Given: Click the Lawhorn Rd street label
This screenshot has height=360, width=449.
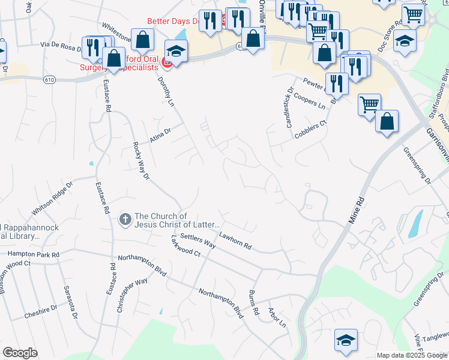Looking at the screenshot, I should (235, 241).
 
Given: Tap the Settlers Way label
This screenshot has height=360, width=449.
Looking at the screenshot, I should (198, 242).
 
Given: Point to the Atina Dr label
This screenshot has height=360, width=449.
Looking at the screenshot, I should (161, 134).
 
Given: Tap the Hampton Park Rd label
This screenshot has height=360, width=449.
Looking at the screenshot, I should (34, 254).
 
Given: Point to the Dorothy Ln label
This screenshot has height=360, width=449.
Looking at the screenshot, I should (166, 91).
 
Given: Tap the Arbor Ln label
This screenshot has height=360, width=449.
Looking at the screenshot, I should (277, 317).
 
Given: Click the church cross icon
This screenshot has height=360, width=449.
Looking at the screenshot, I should (125, 220).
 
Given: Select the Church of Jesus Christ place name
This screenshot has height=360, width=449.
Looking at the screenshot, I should (169, 220).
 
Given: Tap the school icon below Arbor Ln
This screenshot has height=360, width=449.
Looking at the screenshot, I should (346, 340).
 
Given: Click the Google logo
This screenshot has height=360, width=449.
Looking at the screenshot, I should (20, 353).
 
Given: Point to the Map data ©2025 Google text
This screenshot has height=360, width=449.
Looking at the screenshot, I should (411, 355).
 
